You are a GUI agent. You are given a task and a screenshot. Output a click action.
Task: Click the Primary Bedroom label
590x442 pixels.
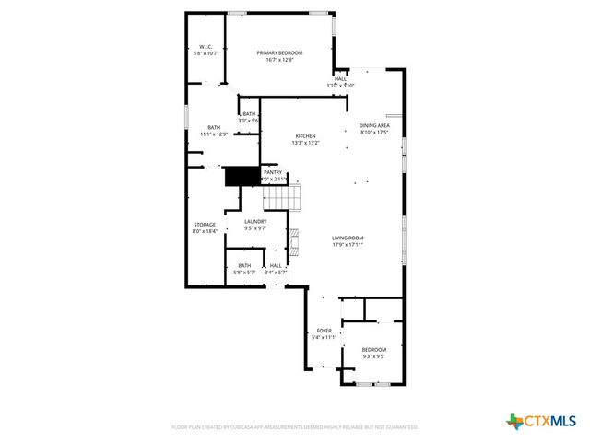[279, 56]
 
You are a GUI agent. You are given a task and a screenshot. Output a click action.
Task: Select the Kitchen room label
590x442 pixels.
[305, 139]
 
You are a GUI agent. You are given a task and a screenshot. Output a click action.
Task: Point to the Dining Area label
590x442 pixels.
[374, 129]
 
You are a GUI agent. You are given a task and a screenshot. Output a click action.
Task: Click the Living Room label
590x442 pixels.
[348, 241]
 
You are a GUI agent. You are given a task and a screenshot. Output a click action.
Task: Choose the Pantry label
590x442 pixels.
[273, 175]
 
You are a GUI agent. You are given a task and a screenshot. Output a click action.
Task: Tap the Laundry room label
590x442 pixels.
[255, 224]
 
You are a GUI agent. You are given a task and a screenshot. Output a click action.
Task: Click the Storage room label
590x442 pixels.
[204, 227]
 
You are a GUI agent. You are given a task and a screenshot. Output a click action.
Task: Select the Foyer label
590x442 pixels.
[324, 333]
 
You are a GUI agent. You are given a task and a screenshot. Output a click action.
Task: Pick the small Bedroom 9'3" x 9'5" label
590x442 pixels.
[373, 353]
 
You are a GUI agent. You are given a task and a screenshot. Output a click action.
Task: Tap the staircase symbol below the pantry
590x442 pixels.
[285, 196]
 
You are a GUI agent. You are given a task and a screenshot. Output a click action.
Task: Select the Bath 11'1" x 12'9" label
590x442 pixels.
[214, 131]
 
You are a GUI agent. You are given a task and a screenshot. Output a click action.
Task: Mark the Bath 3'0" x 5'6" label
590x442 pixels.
[249, 118]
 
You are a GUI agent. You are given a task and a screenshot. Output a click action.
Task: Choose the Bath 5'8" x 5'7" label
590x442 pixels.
[242, 270]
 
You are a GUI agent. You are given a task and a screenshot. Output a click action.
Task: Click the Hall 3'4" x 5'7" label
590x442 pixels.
[276, 270]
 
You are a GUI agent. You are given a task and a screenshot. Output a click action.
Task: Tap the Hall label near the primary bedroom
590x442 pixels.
[340, 82]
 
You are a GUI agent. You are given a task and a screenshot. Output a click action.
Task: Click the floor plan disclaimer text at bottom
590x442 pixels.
[295, 427]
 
